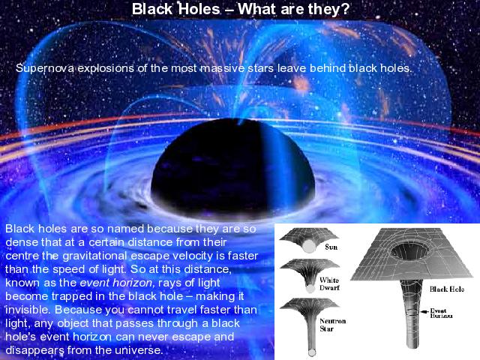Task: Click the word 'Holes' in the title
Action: [x=199, y=9]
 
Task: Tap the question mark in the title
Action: [x=345, y=9]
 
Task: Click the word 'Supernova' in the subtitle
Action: [x=45, y=68]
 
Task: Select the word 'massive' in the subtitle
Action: [x=223, y=68]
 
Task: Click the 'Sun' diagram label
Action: [x=331, y=247]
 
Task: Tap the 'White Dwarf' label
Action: [x=329, y=283]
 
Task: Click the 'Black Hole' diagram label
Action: [x=447, y=289]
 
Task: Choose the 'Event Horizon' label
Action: [x=441, y=313]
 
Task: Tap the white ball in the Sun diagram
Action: [x=309, y=246]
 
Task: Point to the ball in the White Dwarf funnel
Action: [x=310, y=289]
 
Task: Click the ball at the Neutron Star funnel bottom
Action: [x=312, y=352]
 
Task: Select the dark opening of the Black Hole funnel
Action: [x=409, y=253]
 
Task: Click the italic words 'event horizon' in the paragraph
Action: [x=116, y=283]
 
